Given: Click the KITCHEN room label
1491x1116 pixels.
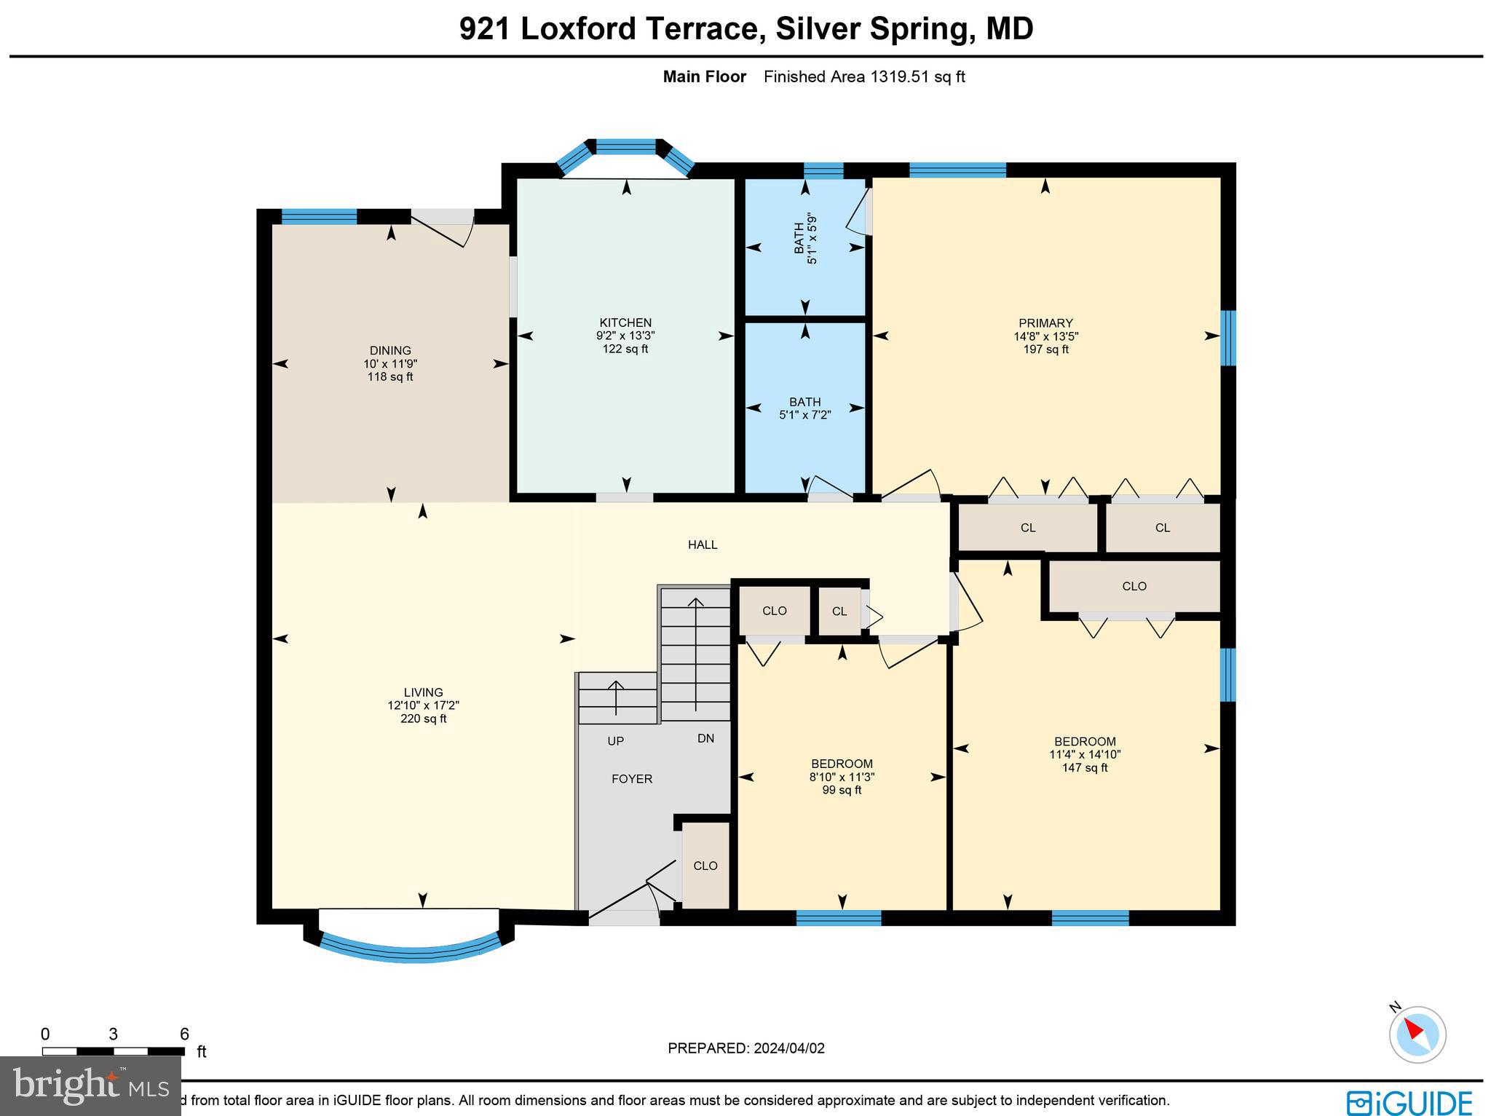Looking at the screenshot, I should (x=625, y=322).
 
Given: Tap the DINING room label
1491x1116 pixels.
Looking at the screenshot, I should (x=390, y=350).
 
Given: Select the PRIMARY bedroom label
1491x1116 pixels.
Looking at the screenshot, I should (x=1045, y=323).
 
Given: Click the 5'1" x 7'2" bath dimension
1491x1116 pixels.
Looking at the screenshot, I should (x=804, y=415).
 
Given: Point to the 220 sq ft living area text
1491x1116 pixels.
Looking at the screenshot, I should (x=423, y=719).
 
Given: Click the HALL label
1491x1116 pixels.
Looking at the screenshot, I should (x=703, y=545).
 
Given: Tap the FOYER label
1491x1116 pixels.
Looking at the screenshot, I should (x=631, y=779).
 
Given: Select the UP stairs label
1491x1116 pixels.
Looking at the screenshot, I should (x=615, y=741).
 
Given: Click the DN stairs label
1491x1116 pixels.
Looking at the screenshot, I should (x=705, y=738).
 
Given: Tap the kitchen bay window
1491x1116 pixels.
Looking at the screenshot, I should (x=625, y=149).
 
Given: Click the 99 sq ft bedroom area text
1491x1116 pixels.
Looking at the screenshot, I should (x=842, y=790).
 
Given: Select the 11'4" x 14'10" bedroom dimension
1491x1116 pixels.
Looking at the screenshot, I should (x=1084, y=755).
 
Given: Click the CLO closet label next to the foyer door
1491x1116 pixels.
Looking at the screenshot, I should (x=705, y=866).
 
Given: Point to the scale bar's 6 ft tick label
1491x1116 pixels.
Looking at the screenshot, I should (x=184, y=1034).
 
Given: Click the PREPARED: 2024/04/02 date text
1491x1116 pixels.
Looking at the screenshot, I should (x=746, y=1048).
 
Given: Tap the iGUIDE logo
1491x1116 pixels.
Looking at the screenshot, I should (x=1409, y=1102).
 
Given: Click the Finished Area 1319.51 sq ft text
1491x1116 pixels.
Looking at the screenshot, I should (x=863, y=77).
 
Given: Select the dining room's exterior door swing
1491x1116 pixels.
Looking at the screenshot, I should (x=444, y=229).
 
